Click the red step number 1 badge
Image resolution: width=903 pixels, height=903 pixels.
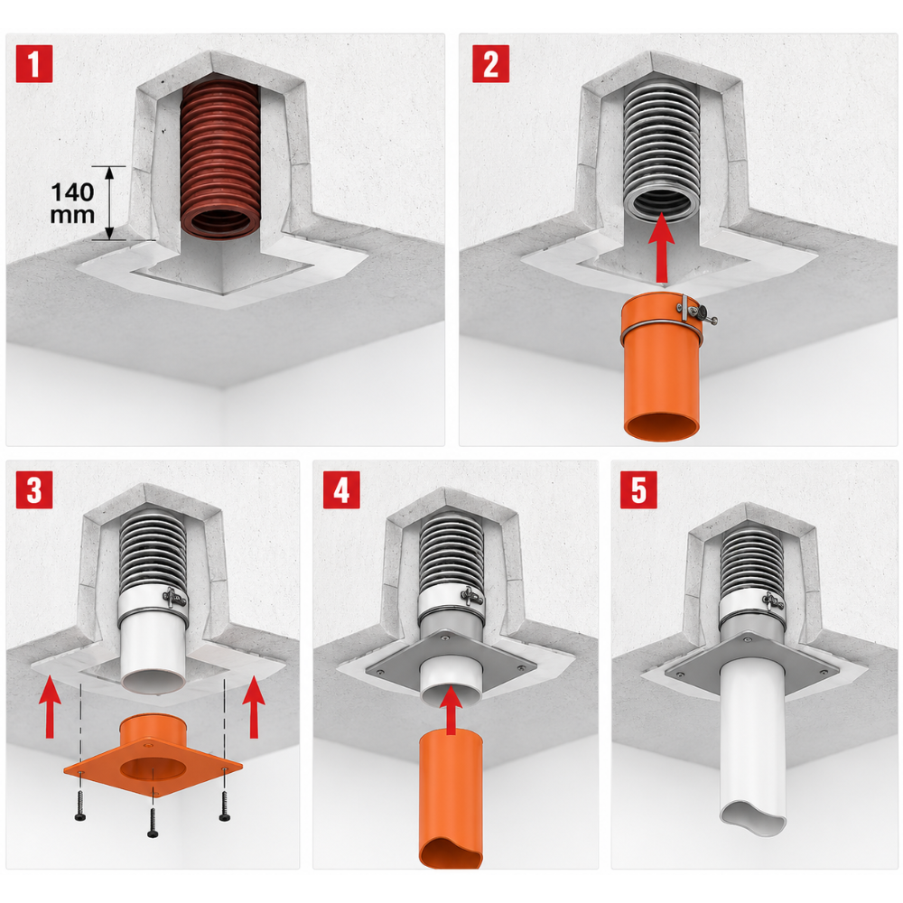[x=34, y=63]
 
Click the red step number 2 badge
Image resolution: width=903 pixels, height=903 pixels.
[x=490, y=63]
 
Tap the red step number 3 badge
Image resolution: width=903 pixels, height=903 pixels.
[x=34, y=489]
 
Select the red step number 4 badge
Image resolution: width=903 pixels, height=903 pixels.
[x=341, y=489]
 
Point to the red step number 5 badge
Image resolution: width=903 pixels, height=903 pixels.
[x=638, y=489]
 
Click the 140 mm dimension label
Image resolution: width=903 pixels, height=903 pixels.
[x=72, y=203]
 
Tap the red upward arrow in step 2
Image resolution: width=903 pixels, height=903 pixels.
[x=661, y=247]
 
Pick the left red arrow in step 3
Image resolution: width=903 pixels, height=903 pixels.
[x=50, y=707]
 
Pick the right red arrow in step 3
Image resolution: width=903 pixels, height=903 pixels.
[x=254, y=707]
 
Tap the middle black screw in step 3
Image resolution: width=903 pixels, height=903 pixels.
[x=153, y=823]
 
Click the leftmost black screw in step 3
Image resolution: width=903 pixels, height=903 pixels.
[x=80, y=806]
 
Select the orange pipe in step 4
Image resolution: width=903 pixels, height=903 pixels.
[x=451, y=800]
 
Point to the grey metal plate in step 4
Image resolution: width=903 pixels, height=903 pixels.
[x=451, y=662]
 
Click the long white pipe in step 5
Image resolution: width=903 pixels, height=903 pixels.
[x=753, y=749]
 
